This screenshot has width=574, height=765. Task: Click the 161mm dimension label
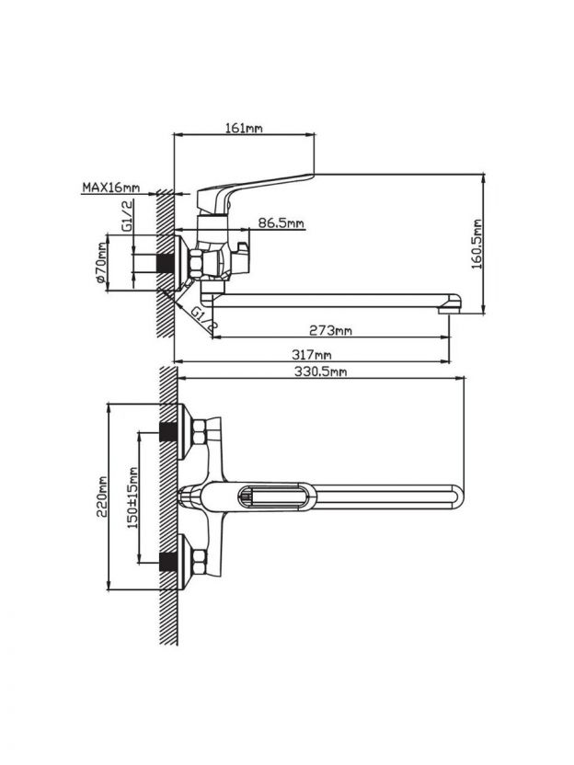click(244, 129)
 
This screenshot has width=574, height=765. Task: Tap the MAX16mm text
click(110, 188)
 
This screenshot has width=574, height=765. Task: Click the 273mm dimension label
click(330, 330)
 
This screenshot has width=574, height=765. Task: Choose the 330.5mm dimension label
click(318, 371)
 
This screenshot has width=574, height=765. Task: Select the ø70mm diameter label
click(102, 265)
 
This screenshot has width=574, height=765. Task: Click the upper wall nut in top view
click(198, 432)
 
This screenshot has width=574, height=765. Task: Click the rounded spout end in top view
click(457, 495)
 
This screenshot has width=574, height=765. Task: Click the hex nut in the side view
click(197, 264)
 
